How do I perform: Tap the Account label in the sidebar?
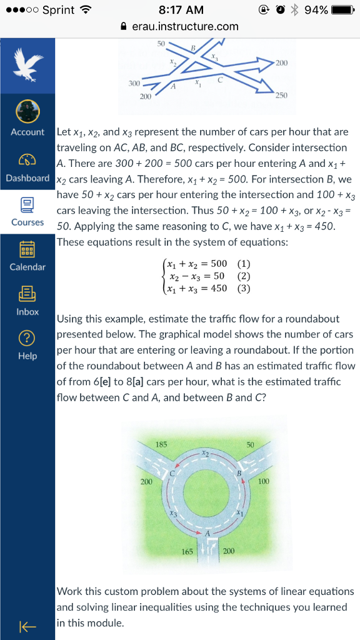click(x=27, y=132)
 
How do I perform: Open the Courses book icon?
click(x=27, y=204)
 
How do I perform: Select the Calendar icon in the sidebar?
click(x=27, y=248)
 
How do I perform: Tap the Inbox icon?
click(x=27, y=292)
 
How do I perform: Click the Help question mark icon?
click(x=27, y=337)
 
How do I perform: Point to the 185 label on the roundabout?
click(x=161, y=444)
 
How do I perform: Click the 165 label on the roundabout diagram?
click(x=187, y=551)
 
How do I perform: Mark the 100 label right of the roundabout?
click(x=263, y=481)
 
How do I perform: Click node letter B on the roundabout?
click(x=238, y=474)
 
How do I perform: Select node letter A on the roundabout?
click(x=209, y=533)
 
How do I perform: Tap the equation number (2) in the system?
click(x=244, y=276)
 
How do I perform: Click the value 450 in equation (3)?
click(x=218, y=288)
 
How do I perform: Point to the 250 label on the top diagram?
click(x=281, y=95)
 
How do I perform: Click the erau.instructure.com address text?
click(x=185, y=26)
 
